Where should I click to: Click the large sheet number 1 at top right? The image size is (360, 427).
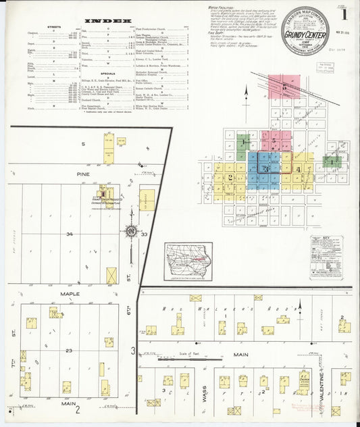(344, 14)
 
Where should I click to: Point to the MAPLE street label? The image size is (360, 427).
(70, 294)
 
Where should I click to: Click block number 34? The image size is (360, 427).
(69, 234)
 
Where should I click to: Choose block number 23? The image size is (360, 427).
(69, 351)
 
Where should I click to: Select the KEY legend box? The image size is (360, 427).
(326, 257)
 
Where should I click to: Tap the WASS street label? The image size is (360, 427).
(203, 393)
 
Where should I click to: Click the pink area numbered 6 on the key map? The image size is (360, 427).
(282, 88)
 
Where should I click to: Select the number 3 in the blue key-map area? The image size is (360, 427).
(267, 167)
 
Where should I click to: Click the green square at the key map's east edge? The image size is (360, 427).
(332, 161)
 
